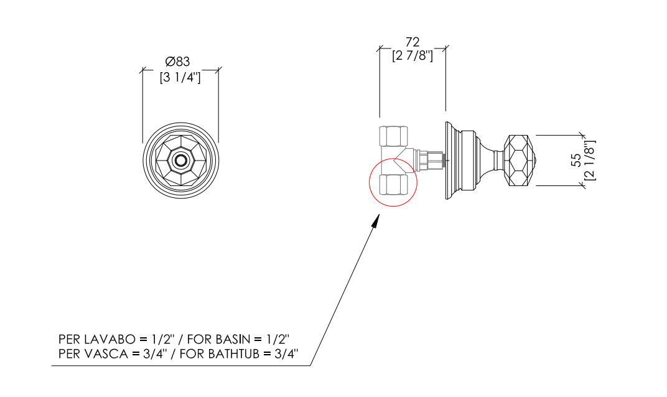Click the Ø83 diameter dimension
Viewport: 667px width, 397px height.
(177, 62)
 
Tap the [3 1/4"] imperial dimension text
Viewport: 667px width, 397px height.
(180, 77)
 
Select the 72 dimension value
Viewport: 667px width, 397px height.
(412, 42)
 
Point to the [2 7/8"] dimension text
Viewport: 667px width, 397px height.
(412, 55)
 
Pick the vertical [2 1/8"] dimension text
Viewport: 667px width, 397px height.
(590, 160)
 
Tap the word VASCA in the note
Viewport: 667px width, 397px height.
(106, 353)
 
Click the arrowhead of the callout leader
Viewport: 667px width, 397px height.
(376, 222)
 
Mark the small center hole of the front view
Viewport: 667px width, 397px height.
(181, 161)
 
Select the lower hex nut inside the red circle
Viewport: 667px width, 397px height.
(393, 185)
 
